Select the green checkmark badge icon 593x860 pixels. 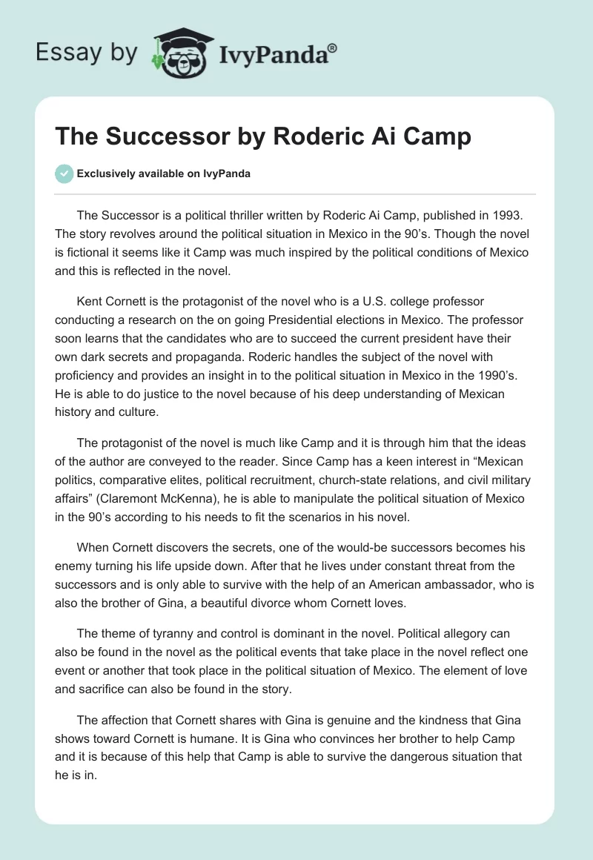coord(64,173)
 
